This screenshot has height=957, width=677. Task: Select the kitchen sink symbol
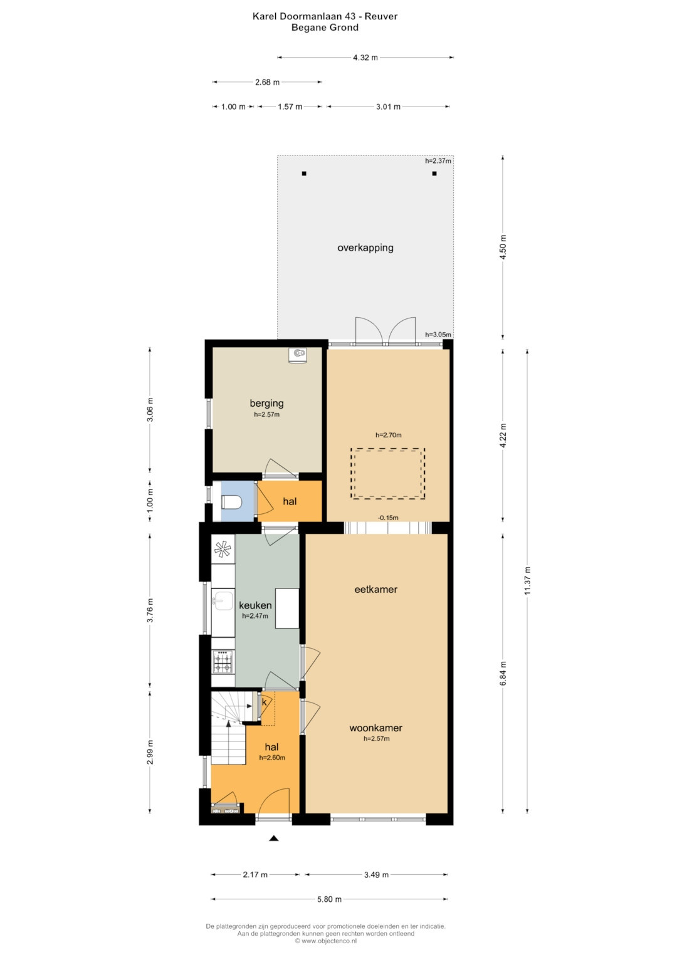223,601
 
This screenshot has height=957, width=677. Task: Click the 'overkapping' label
365,248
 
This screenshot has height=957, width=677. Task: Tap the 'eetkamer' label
376,590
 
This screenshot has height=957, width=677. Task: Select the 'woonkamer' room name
376,728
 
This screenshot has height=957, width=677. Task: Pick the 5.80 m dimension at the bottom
330,899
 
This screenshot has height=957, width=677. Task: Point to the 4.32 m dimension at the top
365,58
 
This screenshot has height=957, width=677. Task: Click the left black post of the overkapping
304,174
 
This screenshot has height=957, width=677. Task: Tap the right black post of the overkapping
434,174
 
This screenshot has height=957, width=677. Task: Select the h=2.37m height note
439,161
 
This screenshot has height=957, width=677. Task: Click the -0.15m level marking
388,518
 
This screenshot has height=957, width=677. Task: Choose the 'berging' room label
266,404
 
